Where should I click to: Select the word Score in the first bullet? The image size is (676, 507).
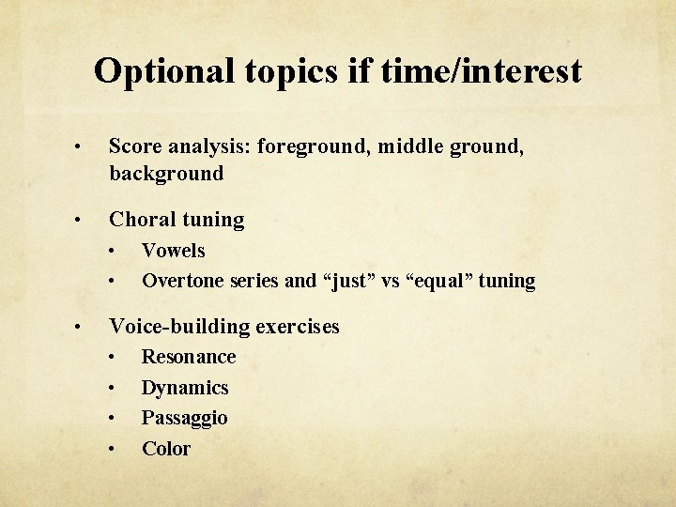pos(135,146)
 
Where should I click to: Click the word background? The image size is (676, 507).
pos(166,174)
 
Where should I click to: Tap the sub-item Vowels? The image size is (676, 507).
pos(173,251)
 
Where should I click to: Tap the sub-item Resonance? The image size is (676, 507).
pos(189,357)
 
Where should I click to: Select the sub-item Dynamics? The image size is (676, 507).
pos(185,388)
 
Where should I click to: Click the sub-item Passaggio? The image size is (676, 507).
pos(184,418)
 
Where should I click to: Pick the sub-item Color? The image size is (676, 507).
pos(166,449)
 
